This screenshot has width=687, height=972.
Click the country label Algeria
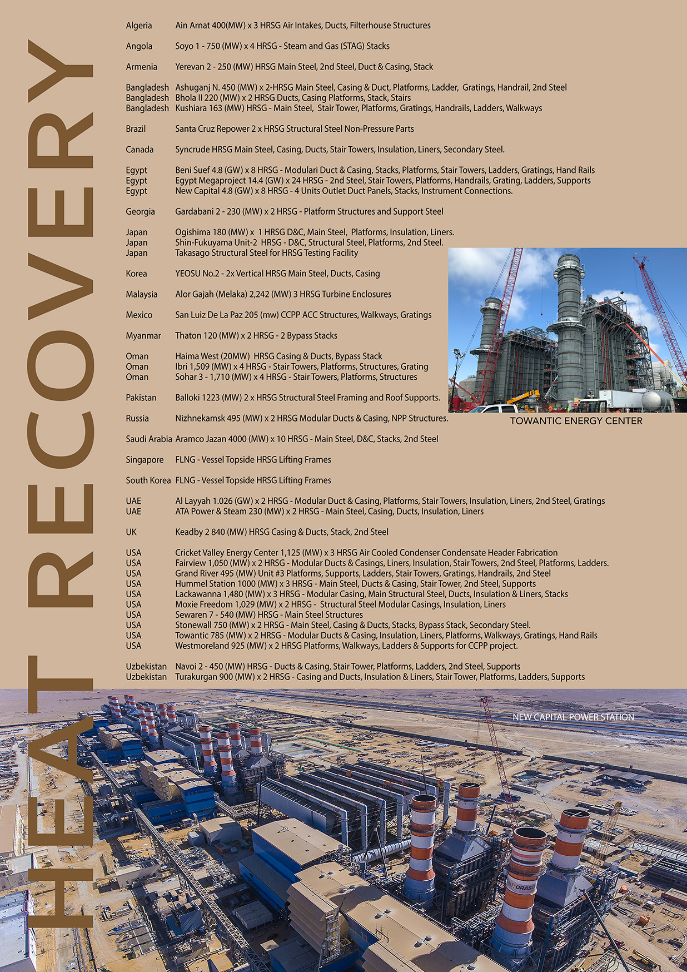point(138,26)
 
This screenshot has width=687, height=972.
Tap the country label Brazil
point(136,129)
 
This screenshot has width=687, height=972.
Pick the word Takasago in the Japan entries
point(193,253)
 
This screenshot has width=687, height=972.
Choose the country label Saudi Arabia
point(148,439)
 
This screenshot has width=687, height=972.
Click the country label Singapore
point(145,460)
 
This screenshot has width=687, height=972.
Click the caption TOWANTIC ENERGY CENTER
point(576,421)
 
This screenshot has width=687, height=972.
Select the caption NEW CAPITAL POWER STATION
point(573,717)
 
